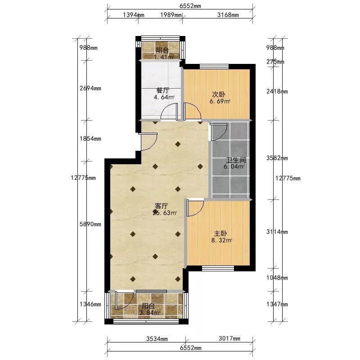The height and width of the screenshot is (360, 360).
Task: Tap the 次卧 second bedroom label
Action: click(219, 94)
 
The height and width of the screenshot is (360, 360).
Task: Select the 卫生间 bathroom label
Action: click(236, 160)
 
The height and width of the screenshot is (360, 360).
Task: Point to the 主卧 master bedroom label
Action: click(220, 234)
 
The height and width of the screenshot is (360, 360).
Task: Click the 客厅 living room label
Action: click(162, 206)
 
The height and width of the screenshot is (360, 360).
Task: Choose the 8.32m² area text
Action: click(221, 240)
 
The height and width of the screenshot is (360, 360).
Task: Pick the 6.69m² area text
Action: click(220, 101)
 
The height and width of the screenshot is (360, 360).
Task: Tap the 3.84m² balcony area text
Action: click(149, 312)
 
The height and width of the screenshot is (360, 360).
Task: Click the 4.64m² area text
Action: click(164, 97)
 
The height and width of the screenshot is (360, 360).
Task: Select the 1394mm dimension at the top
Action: click(134, 15)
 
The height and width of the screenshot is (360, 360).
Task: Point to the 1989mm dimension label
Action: click(171, 15)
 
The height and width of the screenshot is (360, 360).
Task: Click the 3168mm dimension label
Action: click(228, 15)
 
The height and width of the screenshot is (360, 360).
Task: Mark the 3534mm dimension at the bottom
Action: click(157, 339)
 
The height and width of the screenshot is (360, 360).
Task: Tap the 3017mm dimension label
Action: click(229, 338)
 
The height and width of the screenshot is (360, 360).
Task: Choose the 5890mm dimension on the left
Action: click(90, 224)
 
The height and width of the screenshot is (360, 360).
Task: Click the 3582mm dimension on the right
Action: click(277, 158)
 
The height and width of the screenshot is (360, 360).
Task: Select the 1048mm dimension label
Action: click(277, 278)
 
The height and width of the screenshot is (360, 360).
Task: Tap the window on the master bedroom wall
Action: click(218, 268)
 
